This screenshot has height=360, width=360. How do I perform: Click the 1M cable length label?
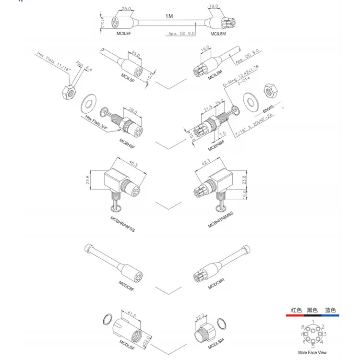coord(168,16)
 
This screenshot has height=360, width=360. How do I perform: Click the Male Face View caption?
coord(312,353)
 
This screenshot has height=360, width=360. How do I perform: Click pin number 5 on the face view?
coord(313,346)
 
